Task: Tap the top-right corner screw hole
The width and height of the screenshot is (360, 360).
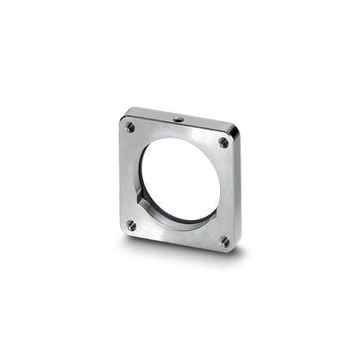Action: click(x=223, y=142)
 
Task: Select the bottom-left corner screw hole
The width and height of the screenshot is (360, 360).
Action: click(x=131, y=225)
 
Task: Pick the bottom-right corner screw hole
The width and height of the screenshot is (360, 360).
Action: click(x=224, y=241)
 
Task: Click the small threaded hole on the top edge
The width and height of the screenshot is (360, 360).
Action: click(x=179, y=118)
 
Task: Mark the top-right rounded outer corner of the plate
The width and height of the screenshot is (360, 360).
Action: click(x=237, y=134)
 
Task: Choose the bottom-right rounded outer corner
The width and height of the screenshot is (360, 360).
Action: click(x=233, y=250)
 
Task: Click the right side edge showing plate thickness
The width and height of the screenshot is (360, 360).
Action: click(x=238, y=193)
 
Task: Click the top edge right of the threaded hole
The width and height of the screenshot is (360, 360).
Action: click(x=208, y=124)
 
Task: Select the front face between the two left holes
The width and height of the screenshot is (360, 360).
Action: click(x=128, y=177)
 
